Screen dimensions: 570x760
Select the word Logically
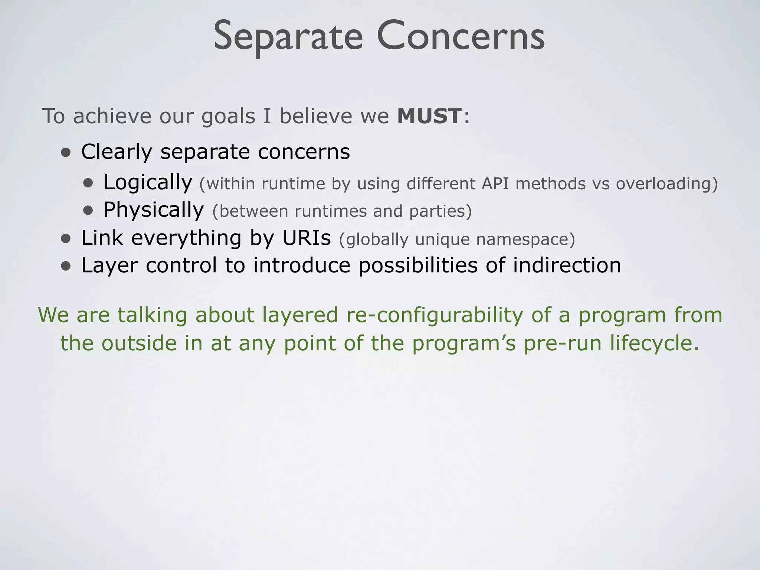tap(148, 183)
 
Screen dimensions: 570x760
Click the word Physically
tap(153, 210)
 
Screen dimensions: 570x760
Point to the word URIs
tap(306, 238)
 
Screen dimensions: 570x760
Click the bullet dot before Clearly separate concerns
tap(66, 153)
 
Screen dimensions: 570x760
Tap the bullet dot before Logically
tap(88, 183)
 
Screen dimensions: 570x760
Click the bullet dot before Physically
tap(88, 211)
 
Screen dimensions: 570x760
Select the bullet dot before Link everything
tap(66, 239)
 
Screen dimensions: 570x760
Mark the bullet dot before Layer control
tap(66, 266)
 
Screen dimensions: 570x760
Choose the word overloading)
tap(667, 183)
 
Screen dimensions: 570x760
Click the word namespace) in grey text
tap(525, 239)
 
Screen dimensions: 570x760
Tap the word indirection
tap(567, 265)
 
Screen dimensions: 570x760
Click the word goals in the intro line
tap(228, 117)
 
